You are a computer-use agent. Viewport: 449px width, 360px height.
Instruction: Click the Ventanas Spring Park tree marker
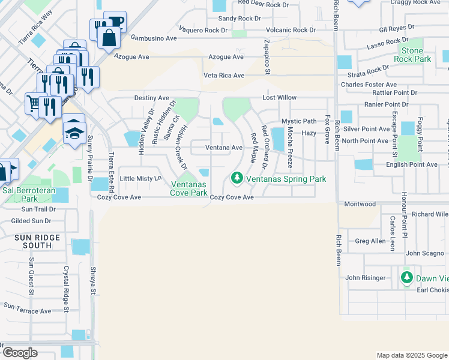coord(237,178)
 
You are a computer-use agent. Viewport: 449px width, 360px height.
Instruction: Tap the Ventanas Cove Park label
coord(190,188)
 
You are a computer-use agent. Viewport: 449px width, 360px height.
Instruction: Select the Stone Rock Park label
coord(412,55)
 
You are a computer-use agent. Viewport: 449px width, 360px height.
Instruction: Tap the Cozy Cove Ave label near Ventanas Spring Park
coord(232,197)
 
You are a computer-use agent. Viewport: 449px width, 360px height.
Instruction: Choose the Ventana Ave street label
coord(224,148)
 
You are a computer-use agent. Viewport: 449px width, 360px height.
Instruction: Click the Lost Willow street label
coord(279,97)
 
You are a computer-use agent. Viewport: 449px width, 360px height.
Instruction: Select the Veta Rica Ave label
coord(224,76)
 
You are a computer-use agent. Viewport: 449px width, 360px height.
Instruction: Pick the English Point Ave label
coord(412,164)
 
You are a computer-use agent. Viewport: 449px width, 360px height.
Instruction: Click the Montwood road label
coord(360,204)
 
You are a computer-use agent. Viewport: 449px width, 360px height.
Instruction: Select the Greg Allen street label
coord(370,241)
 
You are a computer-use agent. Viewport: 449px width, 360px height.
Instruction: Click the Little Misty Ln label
coord(141,179)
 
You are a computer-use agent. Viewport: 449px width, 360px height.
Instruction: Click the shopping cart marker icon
coord(34,103)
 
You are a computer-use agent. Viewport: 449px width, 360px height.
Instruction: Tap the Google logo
coord(20,353)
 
